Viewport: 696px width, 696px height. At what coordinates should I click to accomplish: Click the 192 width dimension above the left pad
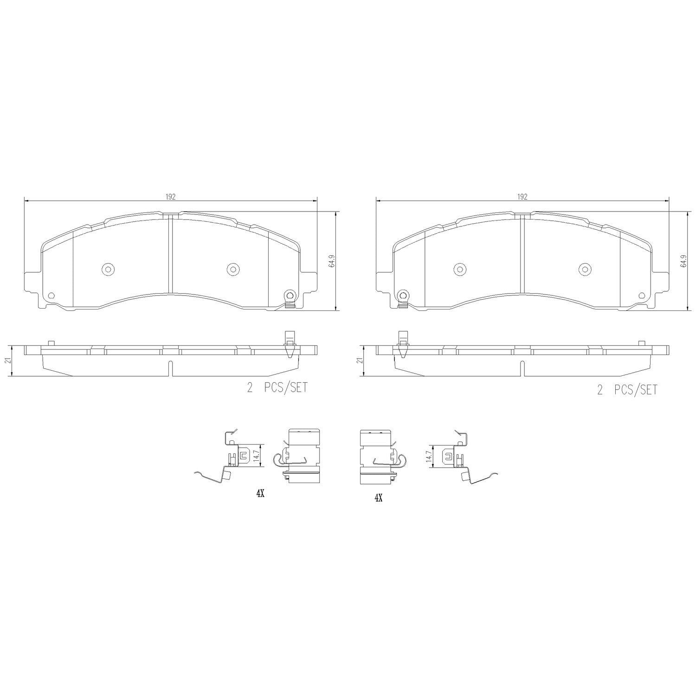(x=170, y=197)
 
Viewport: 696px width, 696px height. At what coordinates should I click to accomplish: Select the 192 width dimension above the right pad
(x=522, y=197)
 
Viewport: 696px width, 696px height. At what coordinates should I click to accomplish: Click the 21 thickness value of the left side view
(x=7, y=361)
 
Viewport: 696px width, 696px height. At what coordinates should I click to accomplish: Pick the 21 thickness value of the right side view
(x=359, y=361)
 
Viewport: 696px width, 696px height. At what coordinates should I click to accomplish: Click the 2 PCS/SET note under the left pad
(x=277, y=388)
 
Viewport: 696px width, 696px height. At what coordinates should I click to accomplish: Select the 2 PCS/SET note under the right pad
(x=627, y=390)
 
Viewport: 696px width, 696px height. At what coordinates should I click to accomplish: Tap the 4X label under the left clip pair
(x=260, y=495)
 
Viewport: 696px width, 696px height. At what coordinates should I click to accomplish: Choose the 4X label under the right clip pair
(x=378, y=498)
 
